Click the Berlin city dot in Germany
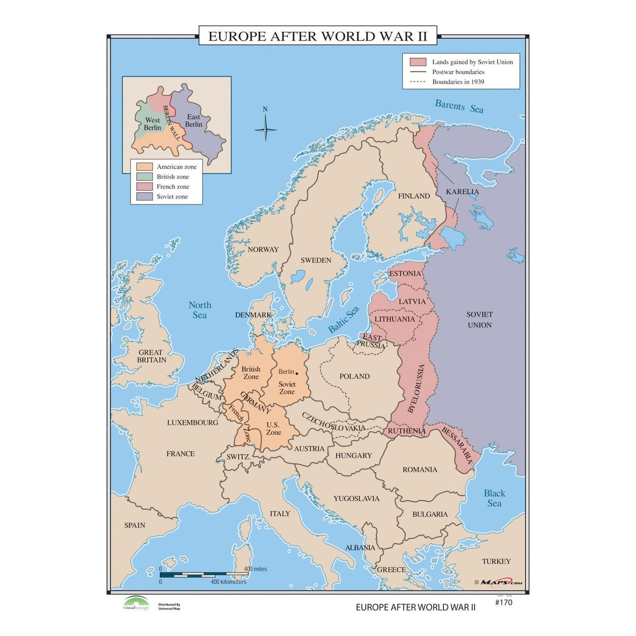(x=297, y=373)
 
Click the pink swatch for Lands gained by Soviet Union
(x=418, y=62)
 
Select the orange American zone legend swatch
(x=144, y=167)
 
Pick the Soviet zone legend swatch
(x=144, y=196)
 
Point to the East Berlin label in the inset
(x=193, y=120)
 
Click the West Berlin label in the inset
(x=152, y=124)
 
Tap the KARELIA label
(x=462, y=192)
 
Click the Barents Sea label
(x=459, y=106)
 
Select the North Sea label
(x=200, y=310)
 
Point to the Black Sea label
(x=495, y=498)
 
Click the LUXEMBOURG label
(x=192, y=422)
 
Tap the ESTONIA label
(x=405, y=273)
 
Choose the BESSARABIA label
(x=457, y=445)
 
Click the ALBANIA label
(x=360, y=547)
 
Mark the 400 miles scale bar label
(x=255, y=569)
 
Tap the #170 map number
(x=503, y=602)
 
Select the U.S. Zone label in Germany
(x=273, y=429)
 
